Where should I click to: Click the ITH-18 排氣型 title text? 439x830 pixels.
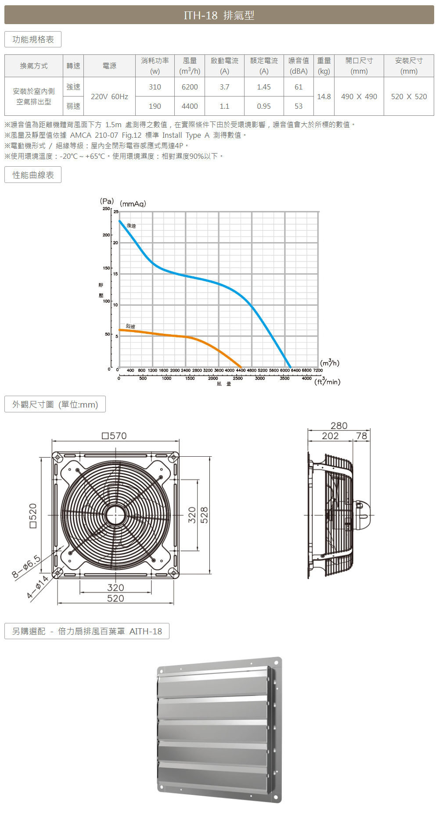click(219, 15)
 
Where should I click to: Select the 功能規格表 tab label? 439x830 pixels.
click(33, 39)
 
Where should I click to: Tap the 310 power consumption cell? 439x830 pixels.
click(155, 87)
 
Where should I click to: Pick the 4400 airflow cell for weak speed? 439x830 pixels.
click(190, 106)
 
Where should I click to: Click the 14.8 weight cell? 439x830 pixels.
click(324, 97)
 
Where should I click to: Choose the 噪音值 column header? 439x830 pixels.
click(299, 61)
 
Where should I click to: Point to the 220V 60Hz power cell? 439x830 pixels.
click(109, 97)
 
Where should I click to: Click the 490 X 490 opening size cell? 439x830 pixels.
click(359, 97)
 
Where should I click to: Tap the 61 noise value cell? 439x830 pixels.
click(299, 87)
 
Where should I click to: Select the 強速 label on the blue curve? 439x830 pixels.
click(131, 225)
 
